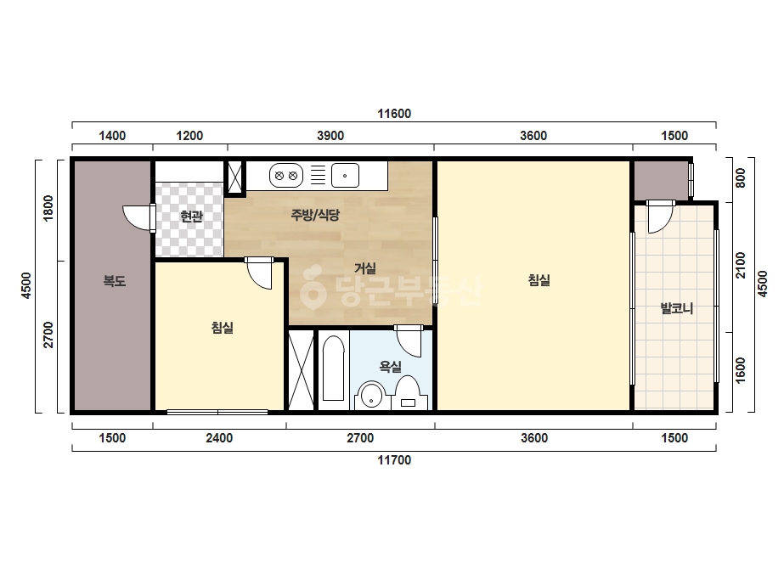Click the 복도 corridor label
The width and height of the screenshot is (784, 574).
(x=115, y=281)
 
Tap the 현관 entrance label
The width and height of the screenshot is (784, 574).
(x=191, y=216)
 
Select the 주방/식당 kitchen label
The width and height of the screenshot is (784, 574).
(x=315, y=215)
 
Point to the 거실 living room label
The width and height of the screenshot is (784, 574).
(x=365, y=268)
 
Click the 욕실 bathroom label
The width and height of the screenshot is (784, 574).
(x=391, y=367)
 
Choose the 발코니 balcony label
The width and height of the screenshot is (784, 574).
(x=677, y=308)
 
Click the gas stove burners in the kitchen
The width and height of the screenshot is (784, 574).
(x=286, y=176)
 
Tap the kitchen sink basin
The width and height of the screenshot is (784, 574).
(x=345, y=176)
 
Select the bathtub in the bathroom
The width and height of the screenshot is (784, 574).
(x=333, y=368)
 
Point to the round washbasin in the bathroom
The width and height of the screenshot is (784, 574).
(x=371, y=396)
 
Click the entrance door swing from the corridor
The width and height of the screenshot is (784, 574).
(x=138, y=218)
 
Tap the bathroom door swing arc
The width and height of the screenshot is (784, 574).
(x=409, y=341)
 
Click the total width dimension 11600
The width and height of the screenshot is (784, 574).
(x=394, y=114)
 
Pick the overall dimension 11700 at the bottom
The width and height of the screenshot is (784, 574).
(x=394, y=460)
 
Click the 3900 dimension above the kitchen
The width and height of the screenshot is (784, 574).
(x=330, y=136)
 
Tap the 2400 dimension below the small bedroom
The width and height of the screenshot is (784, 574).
(x=219, y=438)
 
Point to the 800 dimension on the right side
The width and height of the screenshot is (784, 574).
(x=741, y=177)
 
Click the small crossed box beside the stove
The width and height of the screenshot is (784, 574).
(x=234, y=177)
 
